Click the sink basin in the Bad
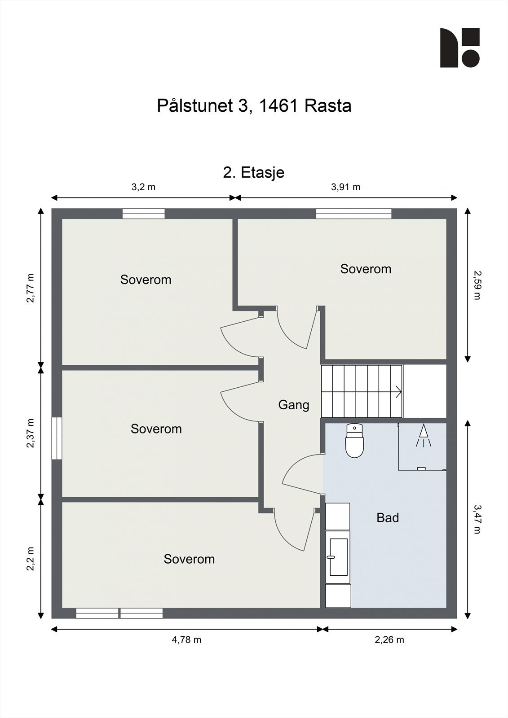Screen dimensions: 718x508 pos(338,557)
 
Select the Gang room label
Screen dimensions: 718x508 pos(294,405)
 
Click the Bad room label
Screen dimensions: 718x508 pos(388,518)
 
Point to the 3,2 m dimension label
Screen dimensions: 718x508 pos(143,187)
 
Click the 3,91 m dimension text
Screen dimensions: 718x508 pos(345,187)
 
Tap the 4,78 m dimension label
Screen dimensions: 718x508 pos(186,640)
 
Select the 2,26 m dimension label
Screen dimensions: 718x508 pos(389,640)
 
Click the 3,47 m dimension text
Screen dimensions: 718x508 pos(477,519)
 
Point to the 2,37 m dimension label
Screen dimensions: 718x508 pos(31,433)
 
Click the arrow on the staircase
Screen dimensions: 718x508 pos(398,392)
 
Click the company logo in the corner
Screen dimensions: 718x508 pos(459,48)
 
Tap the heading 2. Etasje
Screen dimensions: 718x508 pos(254,172)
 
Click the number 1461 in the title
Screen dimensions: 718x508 pos(279,106)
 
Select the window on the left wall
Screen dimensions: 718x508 pos(57,438)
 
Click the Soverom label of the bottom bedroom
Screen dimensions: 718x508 pos(189,559)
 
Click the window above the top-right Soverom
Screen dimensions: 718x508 pos(353,214)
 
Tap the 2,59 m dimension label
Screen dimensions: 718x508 pos(477,285)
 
